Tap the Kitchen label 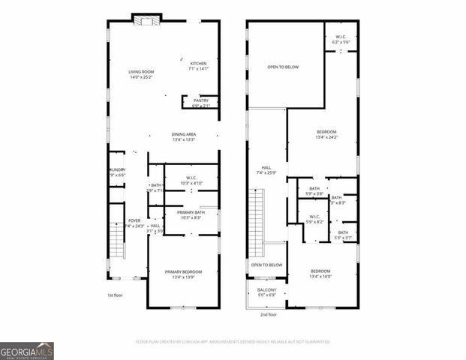click(198, 66)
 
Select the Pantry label click(201, 103)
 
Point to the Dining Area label click(184, 136)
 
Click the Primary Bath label click(191, 214)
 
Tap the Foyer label click(134, 223)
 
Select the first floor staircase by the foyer click(116, 239)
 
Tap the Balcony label click(266, 292)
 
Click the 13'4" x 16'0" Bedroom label click(326, 273)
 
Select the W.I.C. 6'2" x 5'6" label click(341, 40)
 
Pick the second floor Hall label click(266, 170)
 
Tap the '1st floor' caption click(115, 295)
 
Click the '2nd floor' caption click(268, 315)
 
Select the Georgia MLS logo click(27, 351)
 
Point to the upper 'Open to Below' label click(283, 67)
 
